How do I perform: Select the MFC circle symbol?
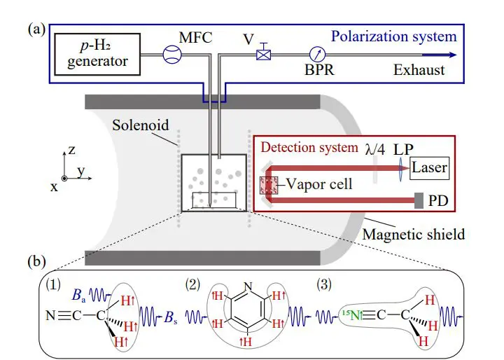tap(171, 55)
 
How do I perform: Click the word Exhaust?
tap(419, 70)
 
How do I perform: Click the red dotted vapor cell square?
tap(269, 186)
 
